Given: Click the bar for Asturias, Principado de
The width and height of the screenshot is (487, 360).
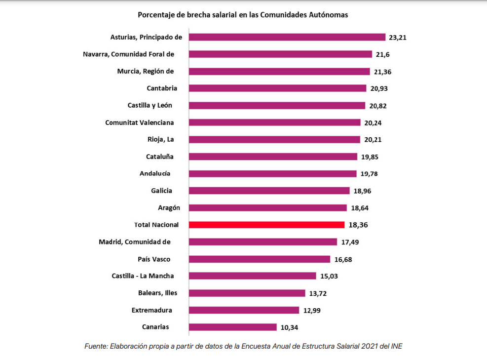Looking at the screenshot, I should [x=287, y=37].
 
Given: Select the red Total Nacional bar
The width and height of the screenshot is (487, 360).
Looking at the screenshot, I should [x=266, y=225].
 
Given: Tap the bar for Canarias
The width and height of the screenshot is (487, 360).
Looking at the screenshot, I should [x=232, y=327].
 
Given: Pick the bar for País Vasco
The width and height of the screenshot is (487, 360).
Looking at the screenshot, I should [x=260, y=259].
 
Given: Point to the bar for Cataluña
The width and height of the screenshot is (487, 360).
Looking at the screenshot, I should [x=273, y=157].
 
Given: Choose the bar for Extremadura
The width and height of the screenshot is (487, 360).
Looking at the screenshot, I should [x=244, y=310].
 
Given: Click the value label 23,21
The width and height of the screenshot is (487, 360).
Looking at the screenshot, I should [x=397, y=37].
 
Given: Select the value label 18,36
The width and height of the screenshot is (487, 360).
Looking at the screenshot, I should [x=358, y=225].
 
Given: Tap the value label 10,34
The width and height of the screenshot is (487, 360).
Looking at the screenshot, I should [x=290, y=327].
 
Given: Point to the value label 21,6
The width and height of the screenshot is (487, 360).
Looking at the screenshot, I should [x=382, y=54].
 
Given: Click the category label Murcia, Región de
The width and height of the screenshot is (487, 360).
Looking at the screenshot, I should [x=146, y=71].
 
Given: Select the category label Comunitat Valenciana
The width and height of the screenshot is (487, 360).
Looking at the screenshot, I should [x=140, y=122].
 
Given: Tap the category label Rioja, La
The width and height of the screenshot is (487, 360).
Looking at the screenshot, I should [x=160, y=139].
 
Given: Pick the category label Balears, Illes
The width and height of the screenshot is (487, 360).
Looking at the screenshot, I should [x=157, y=293].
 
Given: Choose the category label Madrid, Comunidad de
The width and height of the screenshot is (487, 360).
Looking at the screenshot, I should [x=135, y=241].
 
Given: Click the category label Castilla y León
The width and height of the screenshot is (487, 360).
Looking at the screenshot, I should [x=150, y=105].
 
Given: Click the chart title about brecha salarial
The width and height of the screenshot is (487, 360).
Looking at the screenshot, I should [x=243, y=15].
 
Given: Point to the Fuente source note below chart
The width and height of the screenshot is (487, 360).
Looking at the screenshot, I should [x=243, y=346].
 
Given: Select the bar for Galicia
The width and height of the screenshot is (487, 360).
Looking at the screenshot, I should [x=269, y=191].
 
